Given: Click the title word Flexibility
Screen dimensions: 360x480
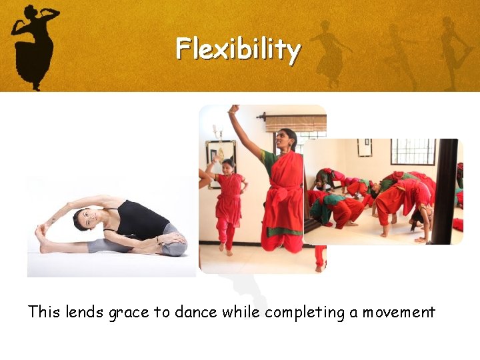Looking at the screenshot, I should pyautogui.click(x=238, y=49).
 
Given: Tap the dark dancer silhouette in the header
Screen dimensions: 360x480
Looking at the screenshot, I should pyautogui.click(x=33, y=43).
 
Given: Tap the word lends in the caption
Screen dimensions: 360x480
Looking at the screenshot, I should pyautogui.click(x=85, y=311).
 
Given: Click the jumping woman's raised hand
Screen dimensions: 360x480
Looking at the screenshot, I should pyautogui.click(x=233, y=109).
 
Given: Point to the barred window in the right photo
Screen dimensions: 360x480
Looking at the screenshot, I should pyautogui.click(x=413, y=152).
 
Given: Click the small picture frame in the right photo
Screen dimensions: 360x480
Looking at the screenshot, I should pyautogui.click(x=364, y=147).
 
